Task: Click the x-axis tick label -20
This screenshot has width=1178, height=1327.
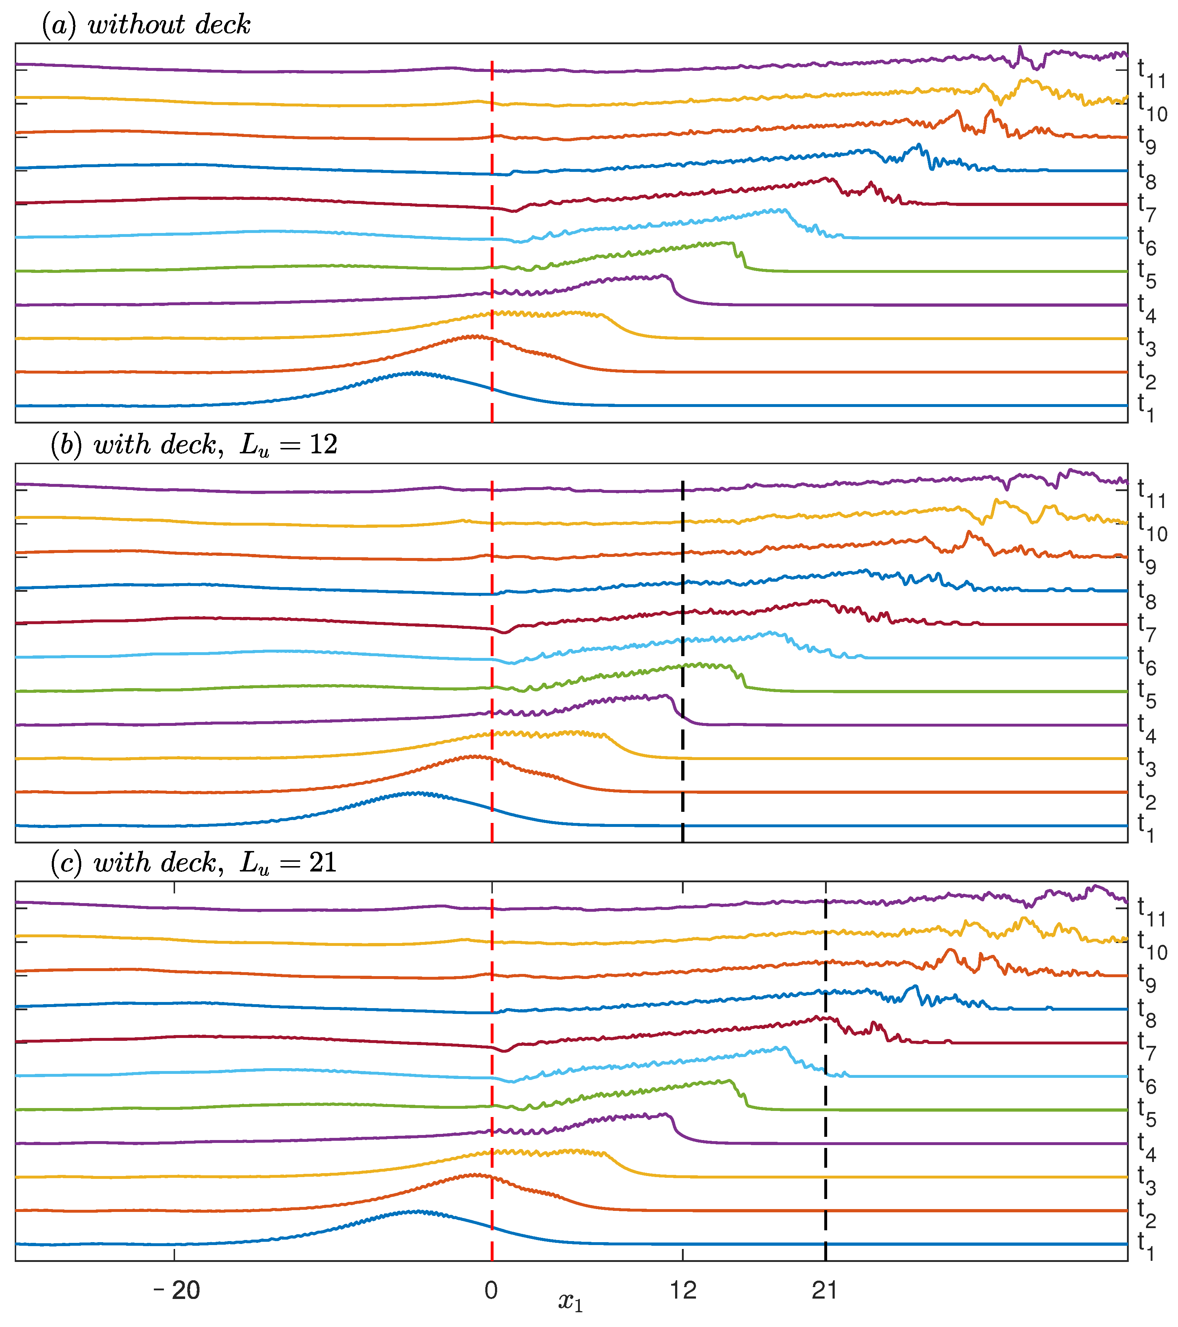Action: click(x=177, y=1290)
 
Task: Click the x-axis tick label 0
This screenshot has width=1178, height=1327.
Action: click(x=491, y=1290)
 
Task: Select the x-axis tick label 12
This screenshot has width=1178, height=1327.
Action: click(x=683, y=1290)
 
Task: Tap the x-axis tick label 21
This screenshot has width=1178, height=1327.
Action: click(x=824, y=1290)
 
